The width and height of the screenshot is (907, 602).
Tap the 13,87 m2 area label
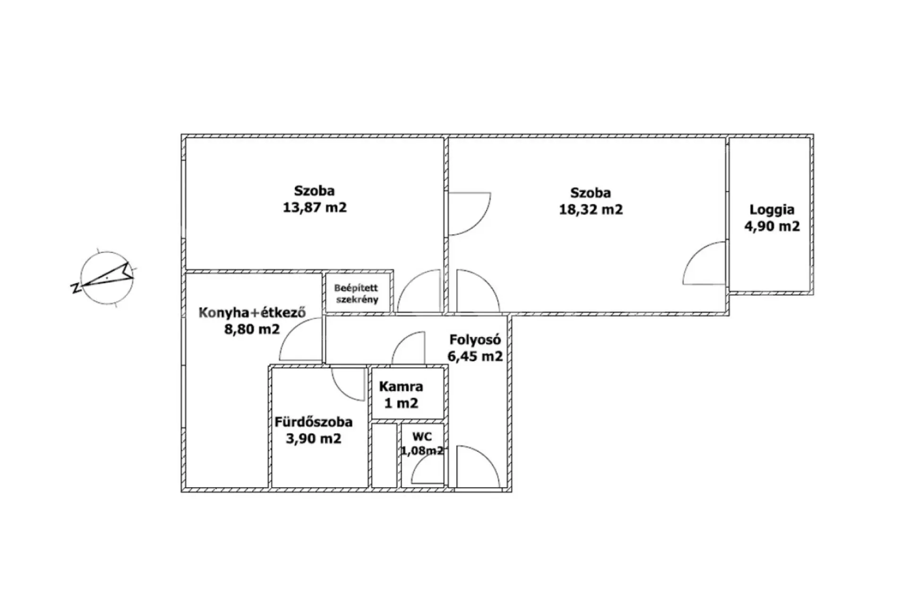(315, 207)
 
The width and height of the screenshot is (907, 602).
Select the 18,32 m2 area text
(591, 209)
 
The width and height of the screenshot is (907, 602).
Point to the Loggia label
(772, 210)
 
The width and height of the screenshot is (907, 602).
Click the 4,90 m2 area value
(772, 226)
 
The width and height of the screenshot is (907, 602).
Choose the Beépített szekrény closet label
(356, 293)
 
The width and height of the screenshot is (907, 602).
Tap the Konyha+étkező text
(252, 312)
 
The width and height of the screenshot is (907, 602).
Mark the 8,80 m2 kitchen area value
(252, 329)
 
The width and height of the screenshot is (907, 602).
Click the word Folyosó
(475, 339)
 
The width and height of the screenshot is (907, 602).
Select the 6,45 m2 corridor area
(475, 356)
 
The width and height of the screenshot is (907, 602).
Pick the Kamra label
(401, 387)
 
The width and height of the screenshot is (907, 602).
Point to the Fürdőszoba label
(314, 422)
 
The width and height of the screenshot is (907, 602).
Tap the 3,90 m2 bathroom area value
(314, 439)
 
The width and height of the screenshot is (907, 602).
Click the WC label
(422, 437)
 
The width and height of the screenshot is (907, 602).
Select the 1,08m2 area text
(422, 450)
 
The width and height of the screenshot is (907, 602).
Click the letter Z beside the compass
(75, 288)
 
